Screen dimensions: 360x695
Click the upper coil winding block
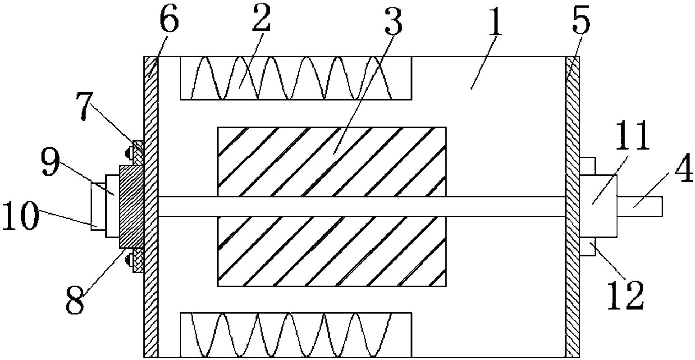coord(295,77)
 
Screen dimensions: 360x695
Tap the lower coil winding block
coord(295,335)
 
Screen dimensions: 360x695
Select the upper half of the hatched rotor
coord(332,161)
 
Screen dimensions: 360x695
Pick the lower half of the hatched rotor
coord(332,251)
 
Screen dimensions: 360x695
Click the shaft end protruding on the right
coord(640,206)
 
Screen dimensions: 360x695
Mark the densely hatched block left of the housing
coord(131,206)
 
